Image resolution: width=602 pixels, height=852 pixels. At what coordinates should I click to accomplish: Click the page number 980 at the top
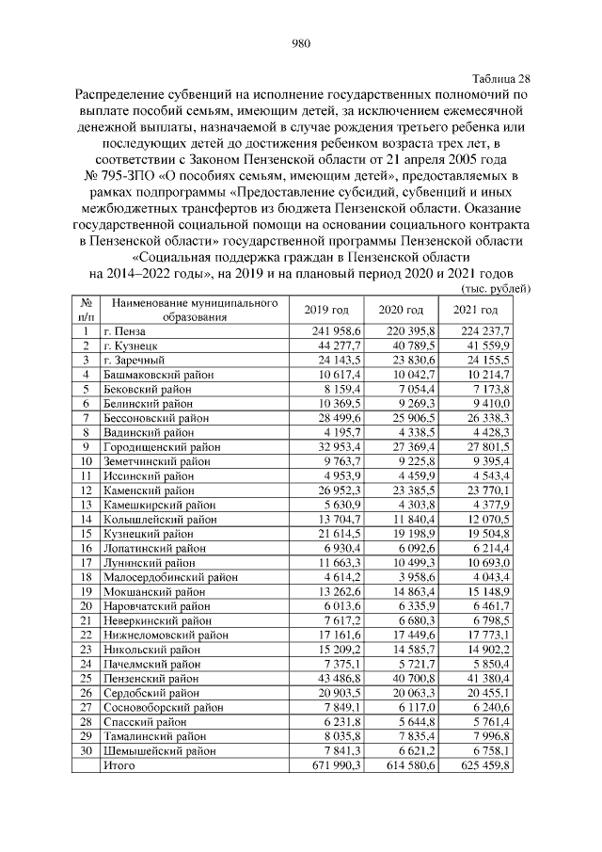(301, 42)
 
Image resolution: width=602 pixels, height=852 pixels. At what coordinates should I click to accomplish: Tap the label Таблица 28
(499, 78)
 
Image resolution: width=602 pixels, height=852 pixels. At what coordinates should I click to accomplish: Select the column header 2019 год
(326, 311)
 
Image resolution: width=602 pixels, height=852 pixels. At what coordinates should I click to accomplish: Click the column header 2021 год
(476, 311)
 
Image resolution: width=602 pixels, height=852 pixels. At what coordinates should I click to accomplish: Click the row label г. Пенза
(128, 331)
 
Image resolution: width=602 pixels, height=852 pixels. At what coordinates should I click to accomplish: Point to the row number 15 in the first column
(86, 533)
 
